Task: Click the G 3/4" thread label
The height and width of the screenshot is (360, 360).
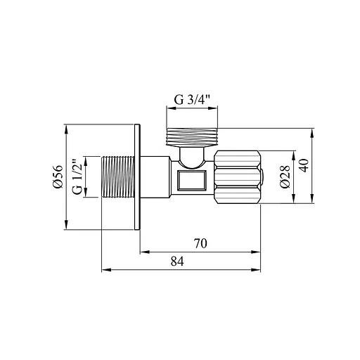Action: pos(191,100)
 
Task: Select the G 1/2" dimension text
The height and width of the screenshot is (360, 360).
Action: pos(77,177)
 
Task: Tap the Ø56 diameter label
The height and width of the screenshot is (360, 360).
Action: pos(58,176)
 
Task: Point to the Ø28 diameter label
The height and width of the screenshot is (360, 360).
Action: pos(285,176)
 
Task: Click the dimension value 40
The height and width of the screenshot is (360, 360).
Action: pos(304,165)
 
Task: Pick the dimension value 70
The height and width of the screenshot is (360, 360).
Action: pos(200,243)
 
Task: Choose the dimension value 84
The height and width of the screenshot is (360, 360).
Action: pos(177,262)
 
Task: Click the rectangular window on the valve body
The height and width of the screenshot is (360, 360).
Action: pos(192,180)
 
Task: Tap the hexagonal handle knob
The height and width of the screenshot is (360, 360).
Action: pos(238,177)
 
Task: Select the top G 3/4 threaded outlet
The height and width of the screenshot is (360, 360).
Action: pos(192,137)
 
